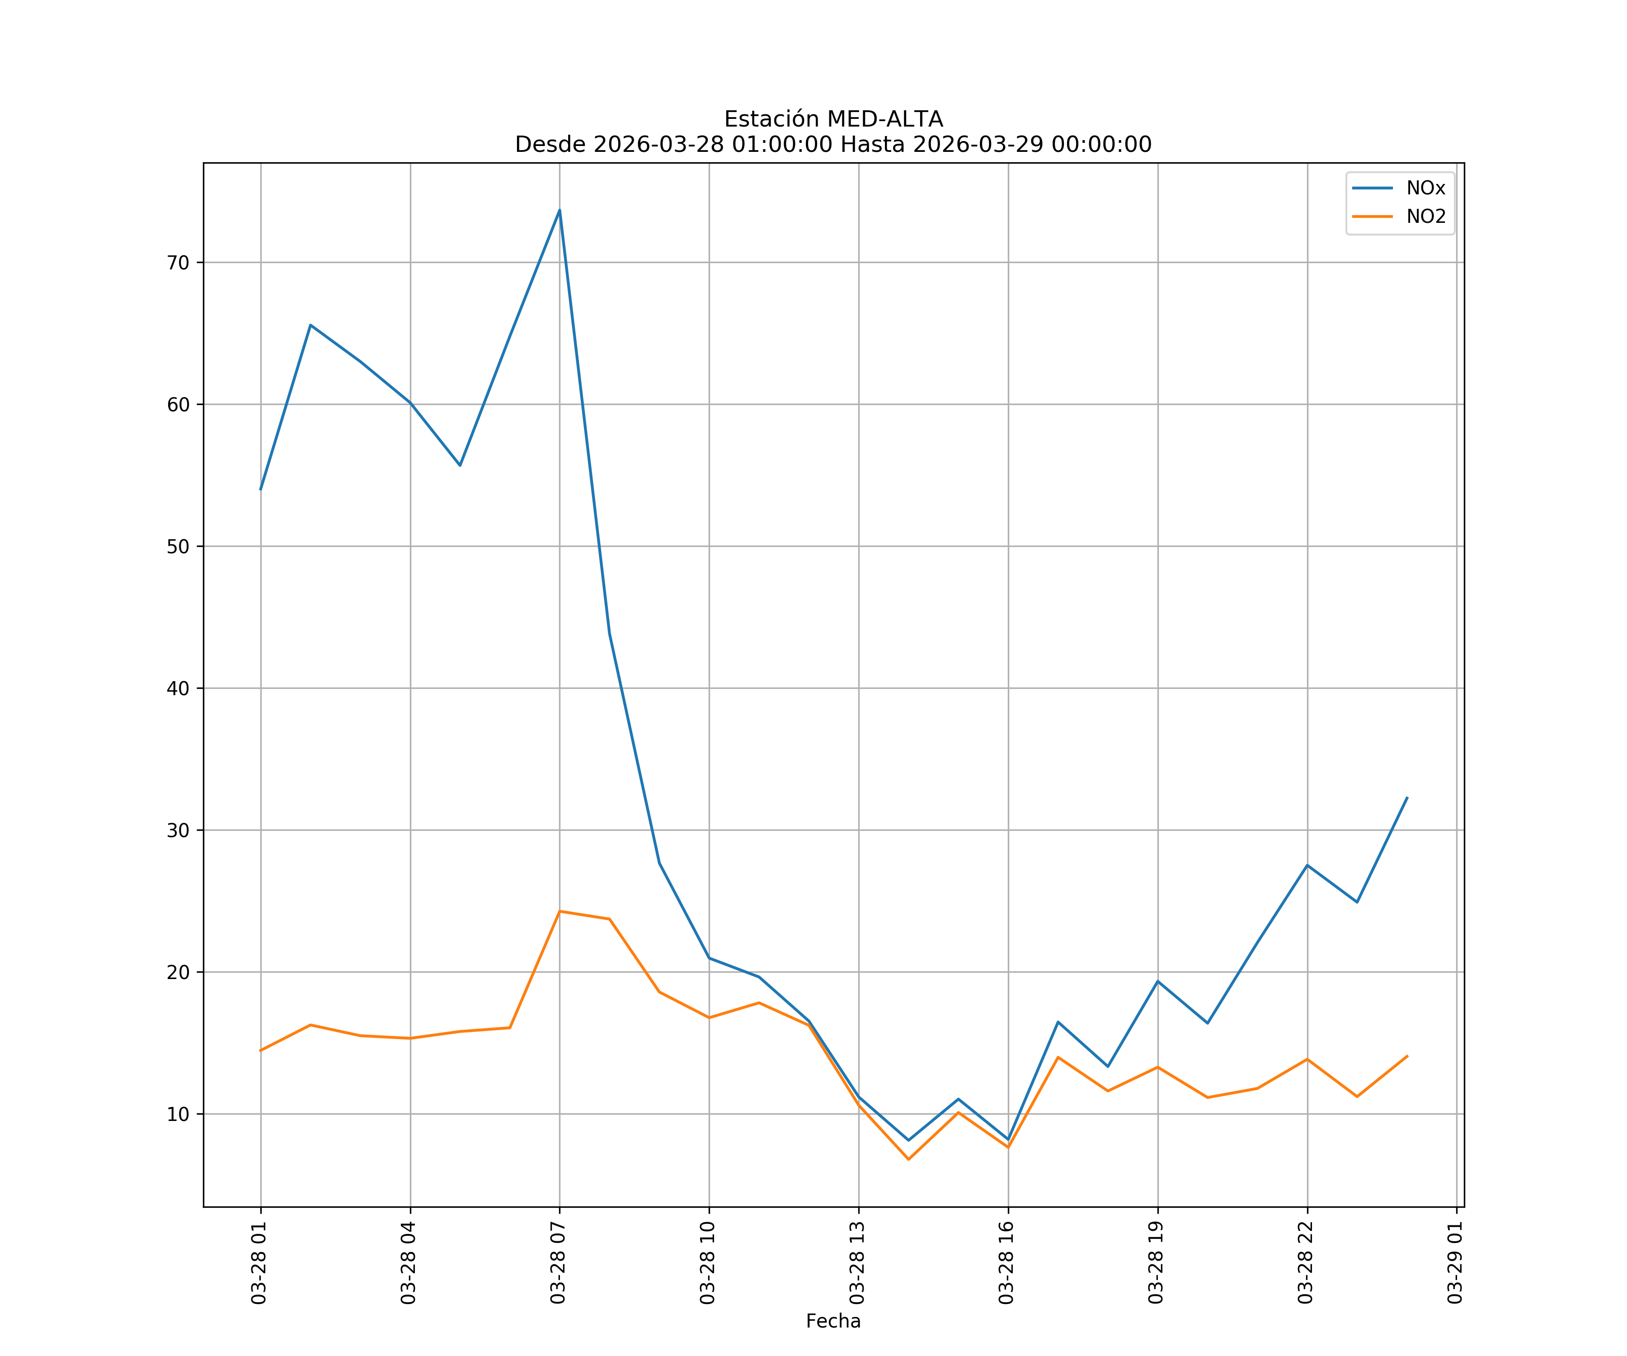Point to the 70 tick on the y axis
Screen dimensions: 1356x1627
pos(178,263)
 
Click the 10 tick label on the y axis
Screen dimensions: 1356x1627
pos(178,1114)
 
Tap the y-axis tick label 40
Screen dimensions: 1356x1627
pos(178,688)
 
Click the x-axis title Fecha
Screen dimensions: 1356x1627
pos(833,1321)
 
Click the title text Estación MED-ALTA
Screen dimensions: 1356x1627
pos(833,119)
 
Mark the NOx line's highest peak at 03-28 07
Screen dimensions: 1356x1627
pos(560,210)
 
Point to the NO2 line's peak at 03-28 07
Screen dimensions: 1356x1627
pos(560,911)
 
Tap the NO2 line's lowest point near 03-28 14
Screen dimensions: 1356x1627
pos(908,1159)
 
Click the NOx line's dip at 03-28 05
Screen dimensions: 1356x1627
pos(460,465)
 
